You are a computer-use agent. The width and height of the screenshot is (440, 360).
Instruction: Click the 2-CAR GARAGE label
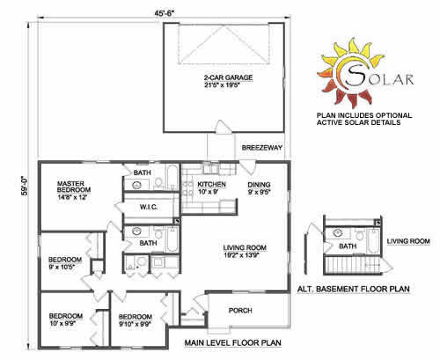(x=228, y=77)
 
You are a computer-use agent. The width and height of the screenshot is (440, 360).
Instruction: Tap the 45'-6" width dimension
(x=165, y=13)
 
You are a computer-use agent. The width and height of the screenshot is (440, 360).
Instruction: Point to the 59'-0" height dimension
(x=26, y=186)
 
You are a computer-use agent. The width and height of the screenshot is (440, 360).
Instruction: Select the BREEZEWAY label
(x=262, y=148)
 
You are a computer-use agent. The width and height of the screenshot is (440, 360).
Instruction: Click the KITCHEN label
(x=211, y=184)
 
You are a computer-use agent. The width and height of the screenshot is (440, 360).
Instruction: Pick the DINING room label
(x=259, y=185)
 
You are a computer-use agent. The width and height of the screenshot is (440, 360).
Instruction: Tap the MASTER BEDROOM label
(x=74, y=187)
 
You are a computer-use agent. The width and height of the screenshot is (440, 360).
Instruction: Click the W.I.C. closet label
(x=149, y=207)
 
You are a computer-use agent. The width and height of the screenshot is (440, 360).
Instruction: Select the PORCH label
(x=240, y=310)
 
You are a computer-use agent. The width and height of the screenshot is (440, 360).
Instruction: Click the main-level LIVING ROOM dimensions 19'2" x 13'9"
(x=241, y=255)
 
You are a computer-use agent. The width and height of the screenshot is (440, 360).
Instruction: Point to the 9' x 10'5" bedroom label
(x=62, y=267)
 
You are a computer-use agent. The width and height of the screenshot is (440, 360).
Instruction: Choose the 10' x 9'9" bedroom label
(x=62, y=323)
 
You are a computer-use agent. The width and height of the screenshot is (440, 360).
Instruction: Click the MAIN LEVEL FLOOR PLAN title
(x=233, y=342)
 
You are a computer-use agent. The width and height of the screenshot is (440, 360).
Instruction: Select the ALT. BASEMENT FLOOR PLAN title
(x=354, y=289)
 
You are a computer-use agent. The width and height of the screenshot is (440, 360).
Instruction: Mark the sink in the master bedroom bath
(x=136, y=185)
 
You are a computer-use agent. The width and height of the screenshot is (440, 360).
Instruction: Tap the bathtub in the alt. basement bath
(x=374, y=241)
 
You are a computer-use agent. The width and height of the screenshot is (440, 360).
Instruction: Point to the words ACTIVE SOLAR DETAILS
(x=358, y=122)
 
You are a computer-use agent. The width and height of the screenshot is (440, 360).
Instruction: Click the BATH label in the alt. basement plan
(x=348, y=246)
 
